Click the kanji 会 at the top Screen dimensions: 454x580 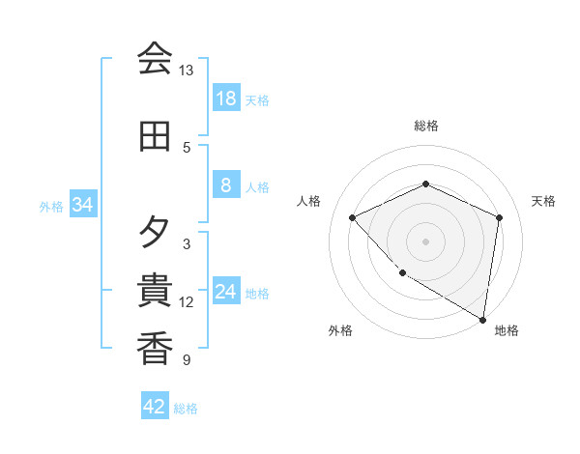coord(155,59)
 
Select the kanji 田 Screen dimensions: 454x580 coord(155,136)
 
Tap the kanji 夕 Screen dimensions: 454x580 coord(155,233)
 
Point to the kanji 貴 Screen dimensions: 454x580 coord(155,291)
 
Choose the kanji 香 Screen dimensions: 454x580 coord(155,349)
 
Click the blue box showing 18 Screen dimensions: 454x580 coord(225,99)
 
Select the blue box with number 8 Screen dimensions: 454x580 coord(225,185)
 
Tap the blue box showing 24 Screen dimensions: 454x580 coord(225,292)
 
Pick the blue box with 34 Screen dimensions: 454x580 coord(82,205)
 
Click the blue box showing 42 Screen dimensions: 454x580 coord(155,407)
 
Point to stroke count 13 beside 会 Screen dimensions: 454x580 coord(186,71)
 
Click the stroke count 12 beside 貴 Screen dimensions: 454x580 coord(186,302)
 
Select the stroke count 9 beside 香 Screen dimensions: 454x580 coord(186,360)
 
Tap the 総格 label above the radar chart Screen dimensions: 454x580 coord(425,126)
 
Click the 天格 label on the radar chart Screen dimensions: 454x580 coord(543,201)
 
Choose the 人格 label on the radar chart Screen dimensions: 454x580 coord(308,201)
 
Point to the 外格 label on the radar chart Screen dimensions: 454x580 coord(340,330)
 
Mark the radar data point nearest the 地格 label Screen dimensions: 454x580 coord(482,319)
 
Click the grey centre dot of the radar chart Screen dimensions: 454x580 coord(425,241)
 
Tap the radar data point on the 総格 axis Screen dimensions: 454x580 coord(425,184)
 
